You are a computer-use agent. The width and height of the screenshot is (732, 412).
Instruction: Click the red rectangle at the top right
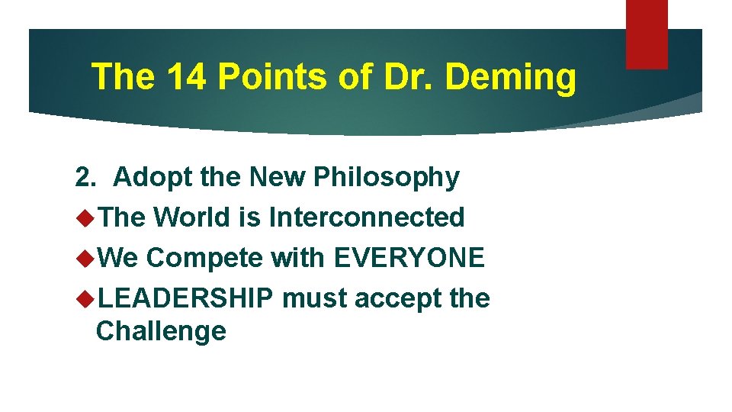(x=647, y=34)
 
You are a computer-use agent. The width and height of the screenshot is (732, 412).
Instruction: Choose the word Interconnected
(x=367, y=217)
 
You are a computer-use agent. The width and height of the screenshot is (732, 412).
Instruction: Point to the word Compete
(x=205, y=259)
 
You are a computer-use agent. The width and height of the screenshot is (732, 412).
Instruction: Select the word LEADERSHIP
(x=185, y=298)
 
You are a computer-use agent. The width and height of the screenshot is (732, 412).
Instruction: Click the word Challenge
(x=162, y=332)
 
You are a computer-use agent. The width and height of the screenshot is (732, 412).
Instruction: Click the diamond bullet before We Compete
(x=85, y=259)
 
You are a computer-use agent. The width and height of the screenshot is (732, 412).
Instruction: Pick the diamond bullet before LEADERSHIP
(x=85, y=299)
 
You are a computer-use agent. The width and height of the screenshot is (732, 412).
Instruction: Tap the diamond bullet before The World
(x=85, y=218)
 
